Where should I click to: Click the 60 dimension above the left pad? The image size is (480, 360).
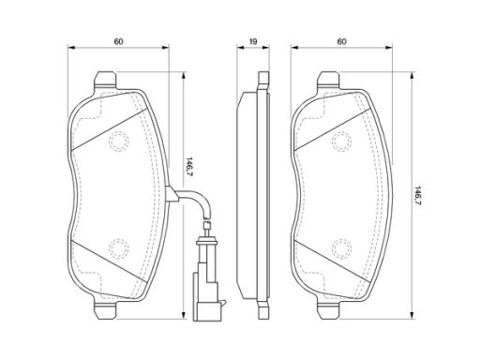(x=119, y=41)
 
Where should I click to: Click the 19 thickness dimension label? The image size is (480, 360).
(x=253, y=41)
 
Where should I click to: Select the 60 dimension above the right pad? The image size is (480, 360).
(x=342, y=41)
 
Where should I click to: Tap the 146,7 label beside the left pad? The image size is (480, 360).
(x=189, y=168)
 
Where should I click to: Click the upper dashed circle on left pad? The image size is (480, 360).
(x=119, y=142)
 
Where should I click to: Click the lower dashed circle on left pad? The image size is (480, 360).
(x=119, y=248)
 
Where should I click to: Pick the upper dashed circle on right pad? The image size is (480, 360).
(x=342, y=142)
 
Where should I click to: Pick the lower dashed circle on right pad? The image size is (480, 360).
(x=342, y=248)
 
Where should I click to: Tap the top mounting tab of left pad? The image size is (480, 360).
(x=105, y=79)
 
